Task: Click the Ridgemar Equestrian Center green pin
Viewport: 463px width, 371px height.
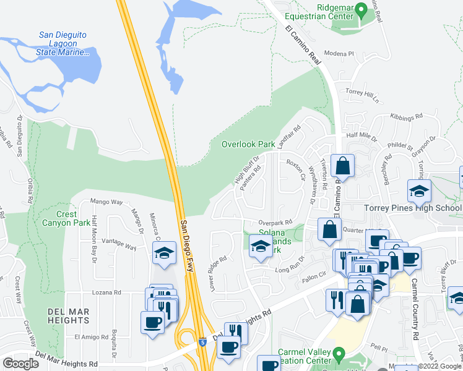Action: (363, 9)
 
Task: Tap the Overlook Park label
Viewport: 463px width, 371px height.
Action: (248, 144)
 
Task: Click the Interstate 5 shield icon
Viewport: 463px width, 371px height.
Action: (203, 341)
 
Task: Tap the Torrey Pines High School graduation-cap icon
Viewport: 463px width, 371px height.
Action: (419, 190)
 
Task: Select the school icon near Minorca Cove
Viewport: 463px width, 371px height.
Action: (164, 253)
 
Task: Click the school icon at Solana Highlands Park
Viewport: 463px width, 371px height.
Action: (260, 246)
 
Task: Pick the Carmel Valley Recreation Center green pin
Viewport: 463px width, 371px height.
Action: (338, 355)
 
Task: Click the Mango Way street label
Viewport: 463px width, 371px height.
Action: (107, 202)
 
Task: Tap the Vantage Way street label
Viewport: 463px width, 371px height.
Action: (119, 244)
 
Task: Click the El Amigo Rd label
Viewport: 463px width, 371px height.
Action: (91, 337)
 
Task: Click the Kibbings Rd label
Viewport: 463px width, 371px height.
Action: (406, 116)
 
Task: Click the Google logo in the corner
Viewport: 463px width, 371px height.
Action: (20, 364)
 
